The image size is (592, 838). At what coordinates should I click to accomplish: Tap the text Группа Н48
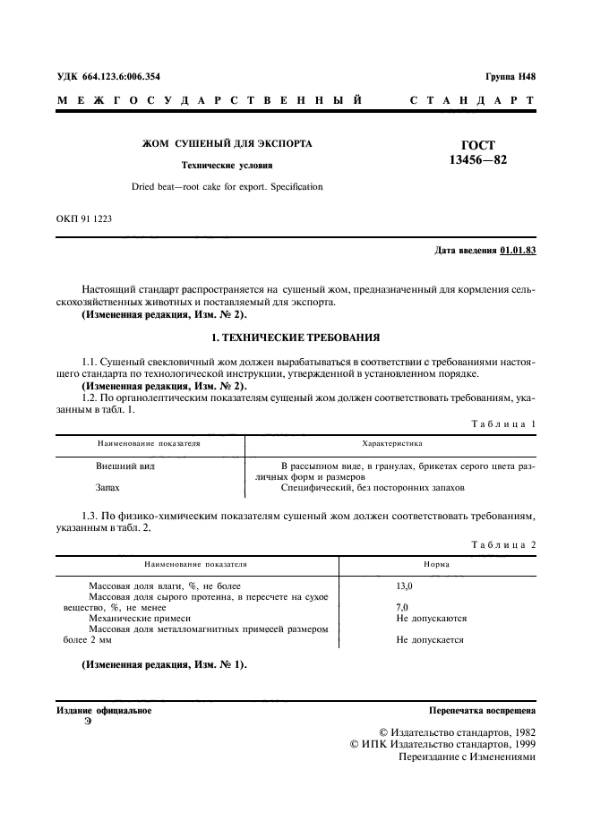[x=510, y=77]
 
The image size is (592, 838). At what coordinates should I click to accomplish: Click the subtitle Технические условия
[x=227, y=166]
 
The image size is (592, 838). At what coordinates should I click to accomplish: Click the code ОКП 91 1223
[x=84, y=218]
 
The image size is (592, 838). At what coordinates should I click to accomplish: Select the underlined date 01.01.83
[x=518, y=251]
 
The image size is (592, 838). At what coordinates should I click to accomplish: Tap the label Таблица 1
[x=505, y=423]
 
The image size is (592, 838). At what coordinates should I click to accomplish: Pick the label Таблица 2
[x=505, y=544]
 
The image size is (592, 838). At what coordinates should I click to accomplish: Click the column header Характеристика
[x=391, y=443]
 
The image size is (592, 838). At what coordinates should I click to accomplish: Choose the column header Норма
[x=436, y=565]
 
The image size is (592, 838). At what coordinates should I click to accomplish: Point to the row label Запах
[x=107, y=489]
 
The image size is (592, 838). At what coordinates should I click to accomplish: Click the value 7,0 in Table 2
[x=401, y=607]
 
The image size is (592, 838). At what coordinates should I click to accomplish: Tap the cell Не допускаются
[x=431, y=618]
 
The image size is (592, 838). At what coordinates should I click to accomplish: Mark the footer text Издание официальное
[x=104, y=711]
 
